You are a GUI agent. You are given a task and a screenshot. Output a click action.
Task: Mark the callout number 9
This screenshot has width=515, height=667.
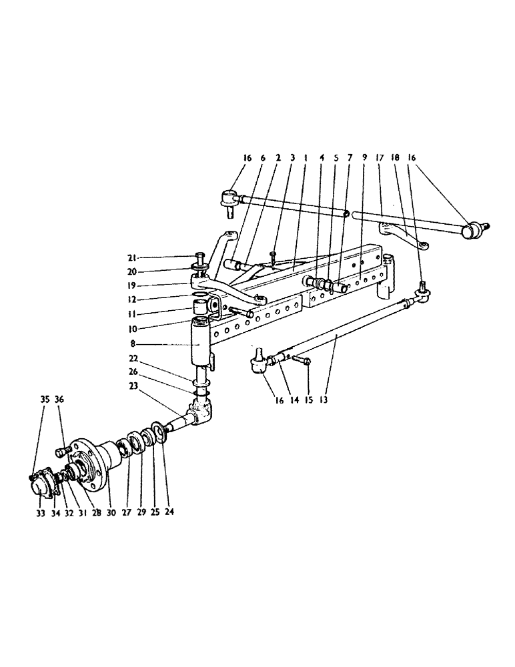[365, 158]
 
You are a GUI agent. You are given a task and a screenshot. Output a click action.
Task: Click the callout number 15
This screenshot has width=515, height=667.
[308, 400]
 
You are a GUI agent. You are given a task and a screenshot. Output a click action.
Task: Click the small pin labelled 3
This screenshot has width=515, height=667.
[274, 254]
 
